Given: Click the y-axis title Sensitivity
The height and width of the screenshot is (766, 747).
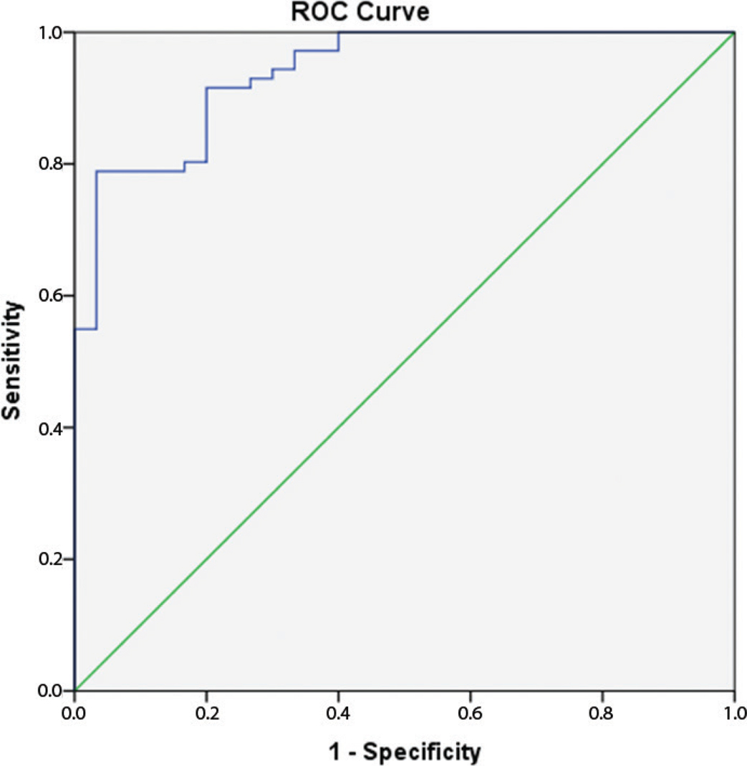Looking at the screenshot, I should [14, 361].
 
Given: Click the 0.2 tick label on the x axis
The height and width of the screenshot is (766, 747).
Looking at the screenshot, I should [206, 712].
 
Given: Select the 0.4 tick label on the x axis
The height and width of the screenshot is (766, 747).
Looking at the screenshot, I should [338, 712].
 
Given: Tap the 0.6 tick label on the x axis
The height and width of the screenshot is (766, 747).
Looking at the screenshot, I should [470, 712].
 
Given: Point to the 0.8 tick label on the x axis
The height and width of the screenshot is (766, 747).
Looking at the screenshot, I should [602, 712].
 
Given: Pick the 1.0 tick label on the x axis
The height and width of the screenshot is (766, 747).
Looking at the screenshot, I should [733, 712].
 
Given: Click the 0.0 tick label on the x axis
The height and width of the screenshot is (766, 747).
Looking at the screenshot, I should [74, 712].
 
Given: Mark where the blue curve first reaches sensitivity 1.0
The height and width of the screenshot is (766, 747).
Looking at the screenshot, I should [339, 32].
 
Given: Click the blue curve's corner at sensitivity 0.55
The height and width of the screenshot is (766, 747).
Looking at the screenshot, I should [96, 329].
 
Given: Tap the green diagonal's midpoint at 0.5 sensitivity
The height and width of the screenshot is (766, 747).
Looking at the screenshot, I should [405, 362].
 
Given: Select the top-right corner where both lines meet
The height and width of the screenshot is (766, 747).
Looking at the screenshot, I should [734, 32].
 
